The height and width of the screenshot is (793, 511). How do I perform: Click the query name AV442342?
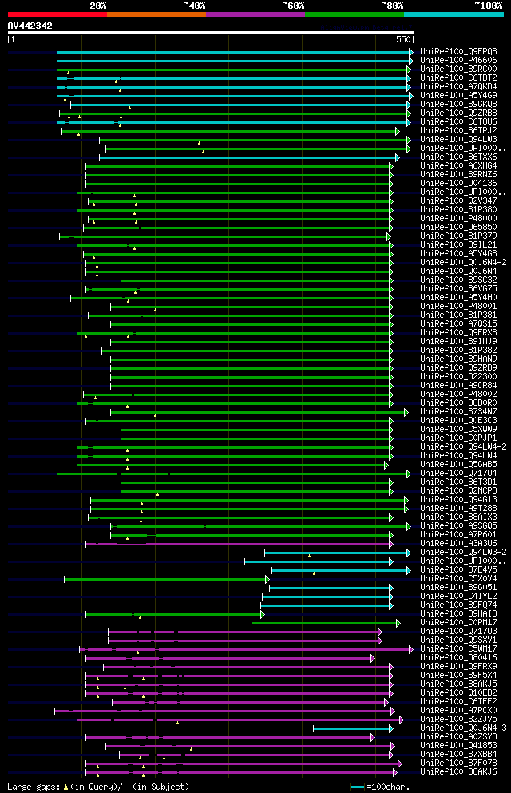(x=30, y=26)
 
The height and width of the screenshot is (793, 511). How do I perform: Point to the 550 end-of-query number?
(x=402, y=39)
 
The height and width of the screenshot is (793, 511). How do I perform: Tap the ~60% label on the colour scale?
(x=292, y=5)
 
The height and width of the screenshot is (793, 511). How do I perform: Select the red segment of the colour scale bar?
(x=57, y=14)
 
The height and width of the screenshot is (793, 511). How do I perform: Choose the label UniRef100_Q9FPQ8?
(x=458, y=51)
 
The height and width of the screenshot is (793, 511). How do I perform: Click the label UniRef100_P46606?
(x=458, y=60)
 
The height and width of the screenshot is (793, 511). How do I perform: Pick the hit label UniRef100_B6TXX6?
(x=458, y=157)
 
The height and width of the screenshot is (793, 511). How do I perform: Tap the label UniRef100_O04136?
(x=458, y=183)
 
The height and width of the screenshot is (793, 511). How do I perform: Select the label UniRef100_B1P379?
(x=458, y=236)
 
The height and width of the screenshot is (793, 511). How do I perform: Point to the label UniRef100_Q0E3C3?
(x=458, y=420)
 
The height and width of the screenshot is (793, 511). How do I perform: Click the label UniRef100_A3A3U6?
(x=458, y=543)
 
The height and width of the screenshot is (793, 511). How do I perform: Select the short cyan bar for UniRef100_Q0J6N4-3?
(x=352, y=728)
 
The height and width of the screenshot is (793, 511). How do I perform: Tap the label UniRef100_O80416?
(x=458, y=657)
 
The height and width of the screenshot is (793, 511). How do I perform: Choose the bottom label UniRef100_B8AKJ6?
(x=458, y=771)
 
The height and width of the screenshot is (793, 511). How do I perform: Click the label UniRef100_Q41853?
(x=458, y=745)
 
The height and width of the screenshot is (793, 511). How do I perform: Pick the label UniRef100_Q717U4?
(x=458, y=473)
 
